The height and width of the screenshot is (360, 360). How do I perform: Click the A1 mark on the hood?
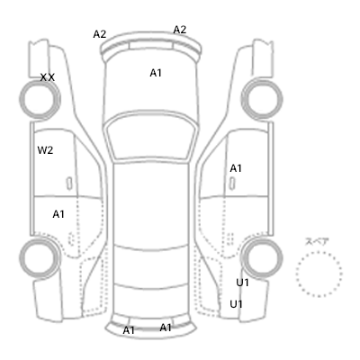(156, 73)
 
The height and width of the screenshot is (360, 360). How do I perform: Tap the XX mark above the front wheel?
(48, 77)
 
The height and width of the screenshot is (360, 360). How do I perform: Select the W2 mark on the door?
(45, 150)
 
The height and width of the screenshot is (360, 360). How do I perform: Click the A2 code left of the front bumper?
(100, 34)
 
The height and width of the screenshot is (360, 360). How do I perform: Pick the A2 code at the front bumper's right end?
(180, 30)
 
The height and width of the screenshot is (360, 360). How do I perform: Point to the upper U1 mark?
(242, 283)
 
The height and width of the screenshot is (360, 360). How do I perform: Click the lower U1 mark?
(236, 304)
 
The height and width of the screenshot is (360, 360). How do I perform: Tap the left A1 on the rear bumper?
(129, 330)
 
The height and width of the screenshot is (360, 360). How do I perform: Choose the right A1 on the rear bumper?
(166, 328)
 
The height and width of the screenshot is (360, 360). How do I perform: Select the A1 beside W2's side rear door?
(58, 214)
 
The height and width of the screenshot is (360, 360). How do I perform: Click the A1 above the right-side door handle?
(236, 168)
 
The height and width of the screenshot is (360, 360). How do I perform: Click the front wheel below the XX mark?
(20, 98)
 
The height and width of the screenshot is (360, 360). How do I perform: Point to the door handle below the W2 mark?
(69, 184)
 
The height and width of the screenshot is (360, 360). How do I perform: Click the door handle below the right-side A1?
(232, 184)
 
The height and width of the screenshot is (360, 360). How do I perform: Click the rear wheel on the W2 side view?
(20, 257)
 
